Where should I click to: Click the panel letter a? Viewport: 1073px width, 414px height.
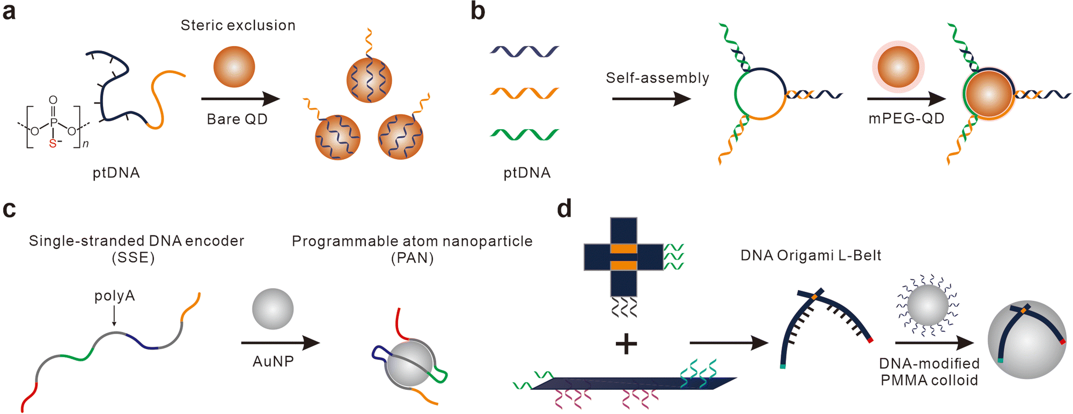(9, 12)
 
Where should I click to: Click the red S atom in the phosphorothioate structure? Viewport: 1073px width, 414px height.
(53, 144)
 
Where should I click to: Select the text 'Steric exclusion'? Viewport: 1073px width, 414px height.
(238, 26)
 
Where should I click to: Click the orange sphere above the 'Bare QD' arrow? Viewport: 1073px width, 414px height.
(234, 67)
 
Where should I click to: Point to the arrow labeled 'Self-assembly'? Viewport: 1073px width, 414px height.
(651, 99)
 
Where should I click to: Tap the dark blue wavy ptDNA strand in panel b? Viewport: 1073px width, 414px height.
(524, 52)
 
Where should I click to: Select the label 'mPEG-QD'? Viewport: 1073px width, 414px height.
(906, 119)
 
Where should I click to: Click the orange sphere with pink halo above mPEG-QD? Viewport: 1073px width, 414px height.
(898, 67)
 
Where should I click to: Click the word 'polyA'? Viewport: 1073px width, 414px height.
(114, 296)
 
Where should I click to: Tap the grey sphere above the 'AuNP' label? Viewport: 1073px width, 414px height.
(273, 309)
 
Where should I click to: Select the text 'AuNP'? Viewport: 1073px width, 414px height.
(273, 361)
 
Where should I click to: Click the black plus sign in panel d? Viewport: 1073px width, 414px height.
(626, 344)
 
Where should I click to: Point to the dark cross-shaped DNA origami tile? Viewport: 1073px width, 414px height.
(623, 257)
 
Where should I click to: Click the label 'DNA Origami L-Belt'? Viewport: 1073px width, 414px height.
(811, 256)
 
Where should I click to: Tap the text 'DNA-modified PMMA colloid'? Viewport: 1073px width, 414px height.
(929, 372)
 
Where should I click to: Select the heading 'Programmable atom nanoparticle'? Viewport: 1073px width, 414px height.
(412, 241)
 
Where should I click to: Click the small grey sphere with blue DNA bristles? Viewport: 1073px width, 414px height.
(928, 305)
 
